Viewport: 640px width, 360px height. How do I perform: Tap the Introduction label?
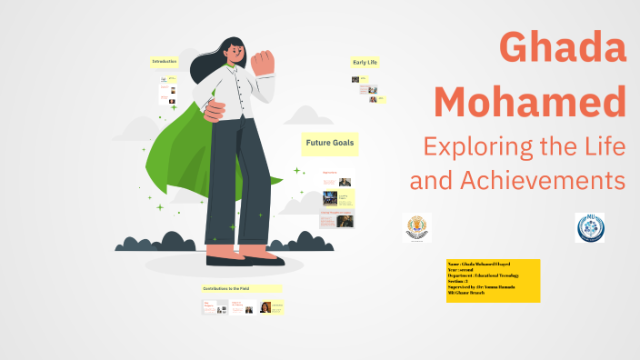point(165,62)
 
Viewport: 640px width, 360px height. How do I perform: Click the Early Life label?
point(365,62)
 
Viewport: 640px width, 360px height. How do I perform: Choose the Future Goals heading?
point(330,144)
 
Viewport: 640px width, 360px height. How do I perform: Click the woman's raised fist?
point(263,62)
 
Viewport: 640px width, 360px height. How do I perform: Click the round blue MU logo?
point(589,227)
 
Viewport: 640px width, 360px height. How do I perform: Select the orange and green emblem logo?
point(417,227)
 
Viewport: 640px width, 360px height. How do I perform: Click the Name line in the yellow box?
point(482,264)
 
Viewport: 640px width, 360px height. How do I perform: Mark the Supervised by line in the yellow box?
point(482,287)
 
